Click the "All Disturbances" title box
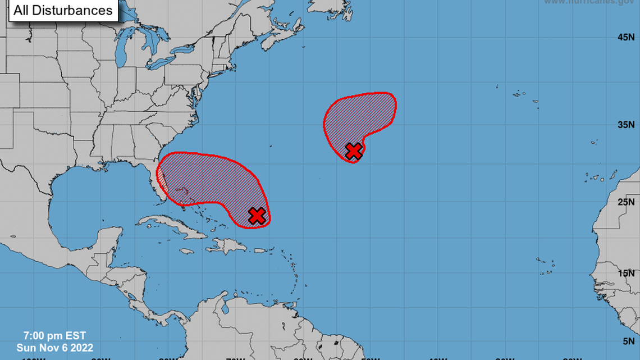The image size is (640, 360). click(63, 10)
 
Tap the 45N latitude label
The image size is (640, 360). click(626, 37)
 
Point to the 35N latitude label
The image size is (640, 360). click(626, 125)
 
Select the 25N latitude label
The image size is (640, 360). click(626, 202)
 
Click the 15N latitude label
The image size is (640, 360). click(626, 274)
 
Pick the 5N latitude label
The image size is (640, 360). click(628, 341)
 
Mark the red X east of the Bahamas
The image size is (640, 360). click(257, 216)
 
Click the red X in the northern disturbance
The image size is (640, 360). click(353, 151)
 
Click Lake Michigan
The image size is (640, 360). click(121, 53)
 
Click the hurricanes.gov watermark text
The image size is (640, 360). click(589, 2)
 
